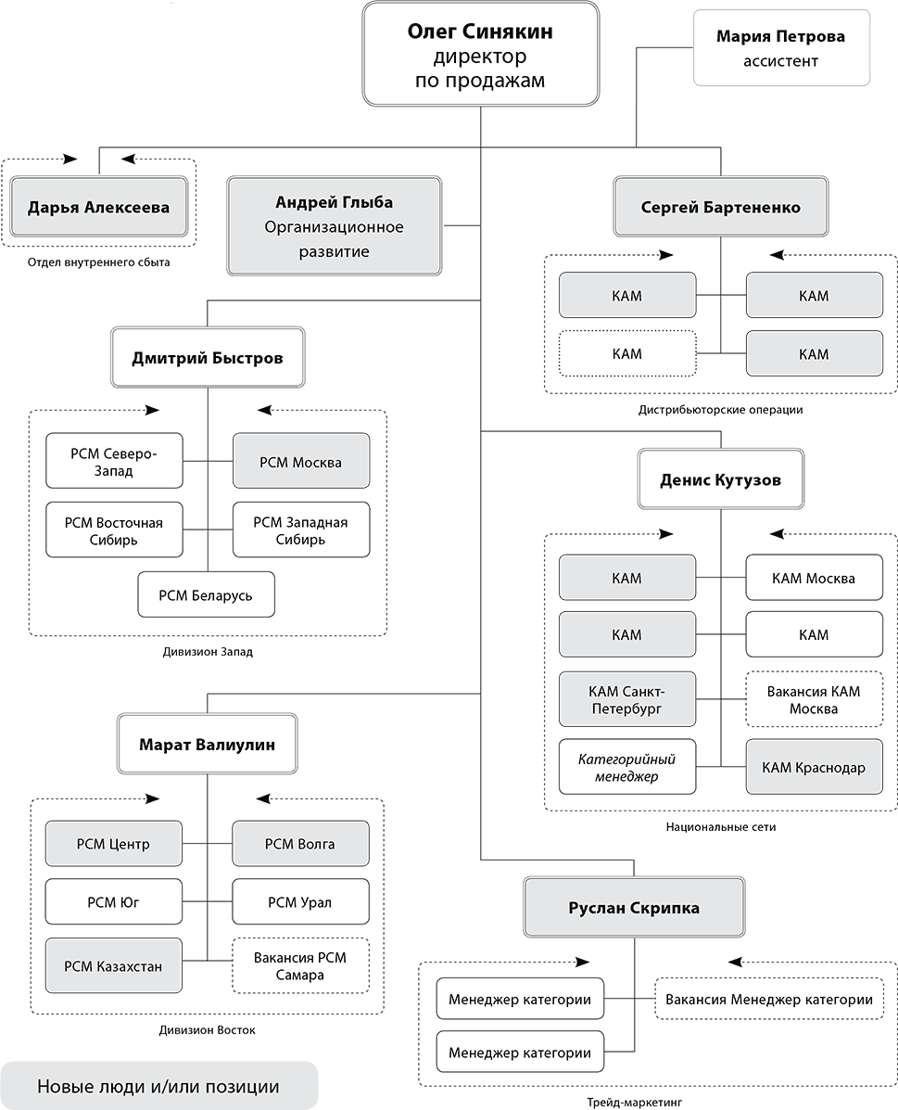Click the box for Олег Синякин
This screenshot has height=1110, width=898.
[x=480, y=55]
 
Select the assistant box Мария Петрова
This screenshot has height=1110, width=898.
[x=781, y=47]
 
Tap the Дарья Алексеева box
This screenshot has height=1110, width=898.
[x=98, y=207]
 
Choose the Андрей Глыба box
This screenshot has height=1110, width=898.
[x=334, y=226]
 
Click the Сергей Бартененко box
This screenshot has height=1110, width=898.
[x=720, y=207]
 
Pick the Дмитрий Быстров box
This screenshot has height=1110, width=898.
[x=208, y=358]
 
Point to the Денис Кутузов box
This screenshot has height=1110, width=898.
[x=720, y=479]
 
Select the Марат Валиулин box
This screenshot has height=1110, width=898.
[x=208, y=744]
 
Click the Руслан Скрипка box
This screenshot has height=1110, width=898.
[x=634, y=908]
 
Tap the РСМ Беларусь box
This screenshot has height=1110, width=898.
[x=206, y=594]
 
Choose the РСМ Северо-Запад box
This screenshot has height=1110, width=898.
[x=114, y=461]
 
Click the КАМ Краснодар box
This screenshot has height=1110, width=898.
[x=814, y=767]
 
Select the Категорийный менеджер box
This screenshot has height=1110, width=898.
[x=627, y=767]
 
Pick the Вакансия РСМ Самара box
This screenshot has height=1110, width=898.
[x=301, y=965]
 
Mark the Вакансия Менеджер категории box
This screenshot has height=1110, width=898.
[x=769, y=999]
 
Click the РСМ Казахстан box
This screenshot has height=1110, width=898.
[x=113, y=965]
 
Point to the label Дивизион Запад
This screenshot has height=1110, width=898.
[x=208, y=652]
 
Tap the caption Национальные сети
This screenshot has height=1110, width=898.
[x=720, y=826]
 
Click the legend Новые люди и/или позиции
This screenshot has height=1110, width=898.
[x=158, y=1086]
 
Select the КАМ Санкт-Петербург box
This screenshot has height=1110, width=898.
[x=627, y=698]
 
